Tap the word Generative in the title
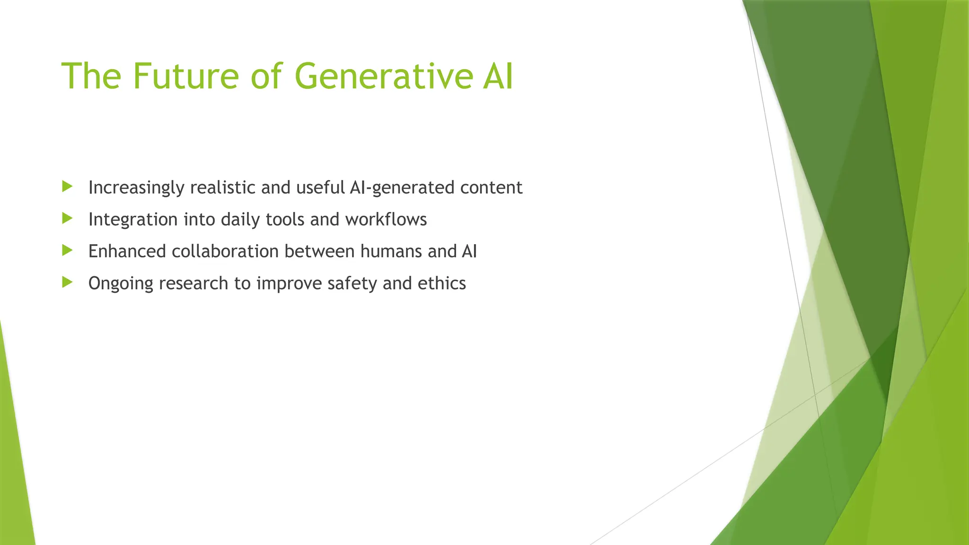point(383,76)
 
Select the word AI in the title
point(498,76)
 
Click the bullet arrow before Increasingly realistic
point(67,186)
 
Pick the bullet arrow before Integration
point(67,219)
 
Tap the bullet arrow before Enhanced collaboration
point(67,250)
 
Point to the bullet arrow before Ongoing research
point(67,282)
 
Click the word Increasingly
point(136,188)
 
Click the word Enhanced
point(127,251)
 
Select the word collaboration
point(225,251)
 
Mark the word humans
point(391,251)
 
